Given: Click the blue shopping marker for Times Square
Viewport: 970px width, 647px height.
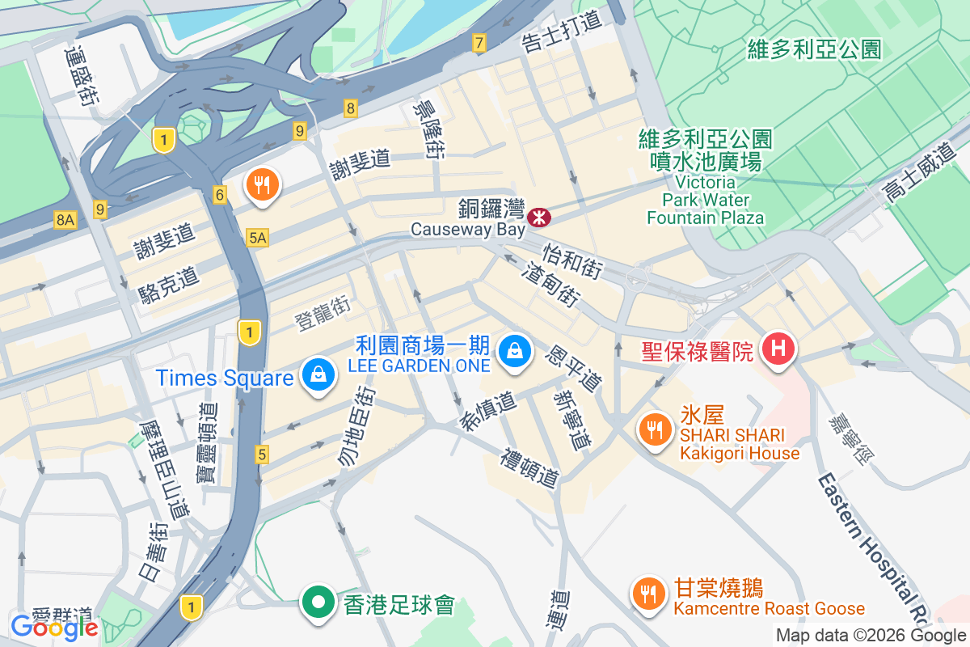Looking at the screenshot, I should [x=319, y=376].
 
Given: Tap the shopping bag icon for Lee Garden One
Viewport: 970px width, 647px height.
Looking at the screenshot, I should [x=513, y=352].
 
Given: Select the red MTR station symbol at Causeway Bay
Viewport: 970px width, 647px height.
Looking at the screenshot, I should [x=538, y=217].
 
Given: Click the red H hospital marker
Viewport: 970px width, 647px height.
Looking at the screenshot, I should [x=778, y=349].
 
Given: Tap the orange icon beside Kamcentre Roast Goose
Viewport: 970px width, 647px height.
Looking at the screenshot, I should [x=647, y=594].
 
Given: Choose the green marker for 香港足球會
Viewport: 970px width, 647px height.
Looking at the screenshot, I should [x=319, y=603].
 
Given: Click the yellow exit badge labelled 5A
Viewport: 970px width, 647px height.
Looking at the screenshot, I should [x=257, y=237].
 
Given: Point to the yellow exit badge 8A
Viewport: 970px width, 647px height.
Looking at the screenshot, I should [x=65, y=219].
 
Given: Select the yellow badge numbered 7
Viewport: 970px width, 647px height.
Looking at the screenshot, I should [x=479, y=44].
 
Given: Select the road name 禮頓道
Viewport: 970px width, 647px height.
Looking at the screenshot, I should [x=530, y=468].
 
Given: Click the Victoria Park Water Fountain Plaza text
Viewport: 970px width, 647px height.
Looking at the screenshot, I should [x=705, y=199].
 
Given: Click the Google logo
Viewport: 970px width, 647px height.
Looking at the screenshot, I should [x=54, y=627].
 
